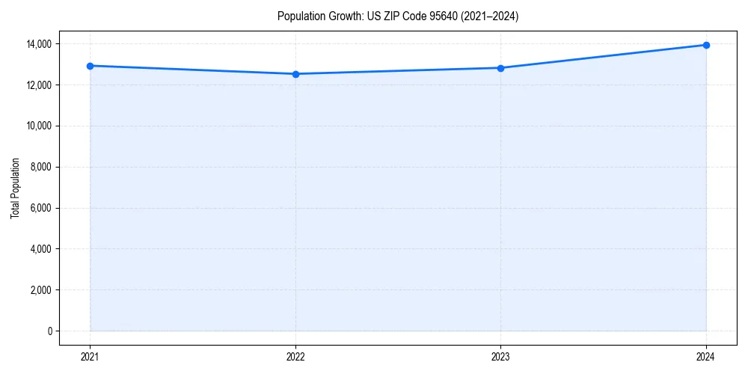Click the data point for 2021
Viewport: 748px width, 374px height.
90,66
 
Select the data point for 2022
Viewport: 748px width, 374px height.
295,74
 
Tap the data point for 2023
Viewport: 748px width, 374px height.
500,68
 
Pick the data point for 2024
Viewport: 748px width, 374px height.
706,45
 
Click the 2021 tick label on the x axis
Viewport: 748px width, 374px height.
90,356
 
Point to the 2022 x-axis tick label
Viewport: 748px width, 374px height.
295,356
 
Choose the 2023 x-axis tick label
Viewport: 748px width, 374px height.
500,356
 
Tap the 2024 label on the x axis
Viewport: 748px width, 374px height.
706,356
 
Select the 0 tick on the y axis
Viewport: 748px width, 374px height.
49,331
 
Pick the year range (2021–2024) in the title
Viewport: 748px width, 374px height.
491,16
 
